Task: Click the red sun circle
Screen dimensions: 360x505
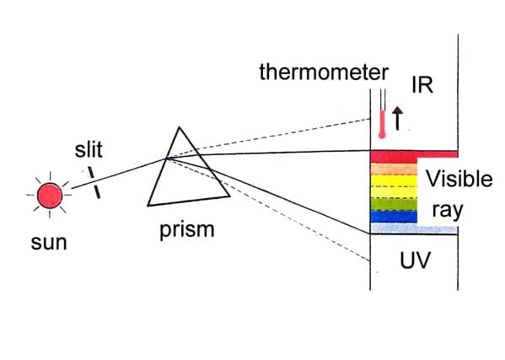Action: coord(50,196)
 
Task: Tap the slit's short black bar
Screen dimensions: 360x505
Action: coord(96,184)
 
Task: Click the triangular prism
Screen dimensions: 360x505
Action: coord(187,177)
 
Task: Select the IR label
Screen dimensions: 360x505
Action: coord(422,85)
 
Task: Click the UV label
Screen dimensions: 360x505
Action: coord(415,261)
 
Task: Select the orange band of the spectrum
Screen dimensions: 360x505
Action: coord(394,169)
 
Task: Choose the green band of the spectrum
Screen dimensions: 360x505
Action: coord(394,203)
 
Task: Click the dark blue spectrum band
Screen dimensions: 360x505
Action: coord(394,217)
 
